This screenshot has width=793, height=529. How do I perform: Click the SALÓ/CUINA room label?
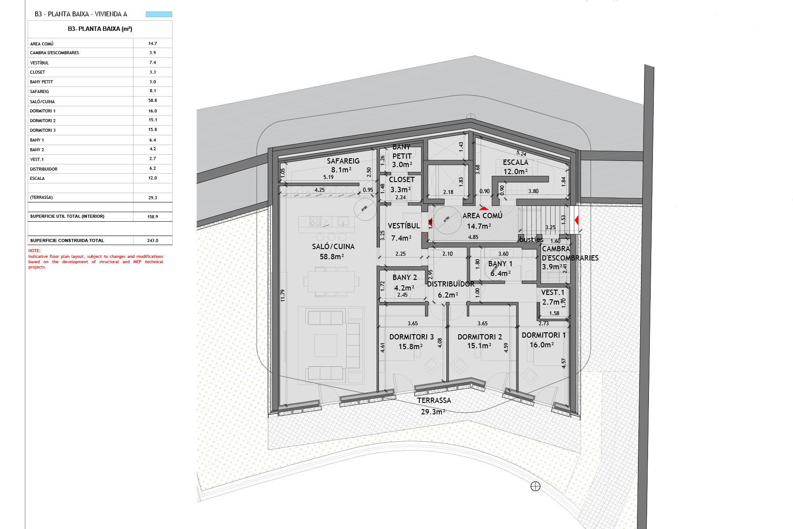point(333,247)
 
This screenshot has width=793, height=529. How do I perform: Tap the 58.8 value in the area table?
point(152,101)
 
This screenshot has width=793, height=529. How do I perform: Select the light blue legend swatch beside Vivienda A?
point(159,14)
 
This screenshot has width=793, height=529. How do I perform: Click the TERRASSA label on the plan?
point(434,400)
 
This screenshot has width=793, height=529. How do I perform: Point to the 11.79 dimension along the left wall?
point(283,295)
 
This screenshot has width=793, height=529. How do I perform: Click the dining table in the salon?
point(331,281)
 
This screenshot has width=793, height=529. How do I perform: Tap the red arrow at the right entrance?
point(576,220)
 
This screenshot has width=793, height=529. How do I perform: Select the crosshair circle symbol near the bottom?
point(535,486)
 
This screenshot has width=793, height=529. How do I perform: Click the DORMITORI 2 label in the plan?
point(479,337)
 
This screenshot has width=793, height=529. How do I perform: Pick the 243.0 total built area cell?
point(152,241)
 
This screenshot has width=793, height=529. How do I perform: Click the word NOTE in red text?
point(34,251)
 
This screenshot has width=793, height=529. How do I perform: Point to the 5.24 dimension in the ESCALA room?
point(521,153)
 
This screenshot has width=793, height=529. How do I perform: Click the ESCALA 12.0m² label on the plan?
point(515,167)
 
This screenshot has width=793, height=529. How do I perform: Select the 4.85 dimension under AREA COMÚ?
point(473,237)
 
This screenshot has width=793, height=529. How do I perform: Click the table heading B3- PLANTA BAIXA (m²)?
point(100,29)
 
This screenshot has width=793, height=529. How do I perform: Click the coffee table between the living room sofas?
point(325,345)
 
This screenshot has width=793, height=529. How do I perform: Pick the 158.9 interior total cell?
point(152,217)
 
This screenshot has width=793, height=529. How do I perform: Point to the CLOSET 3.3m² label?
point(401,184)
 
